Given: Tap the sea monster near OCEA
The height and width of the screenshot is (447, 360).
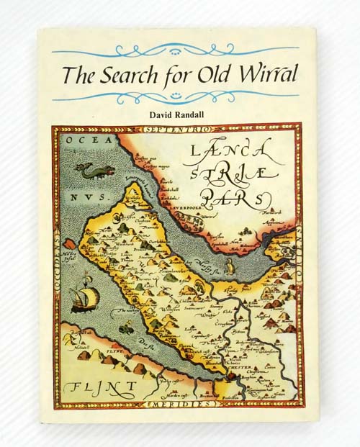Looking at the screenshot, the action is [91, 171].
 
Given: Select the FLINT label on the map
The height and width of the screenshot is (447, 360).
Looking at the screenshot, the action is [99, 389].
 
